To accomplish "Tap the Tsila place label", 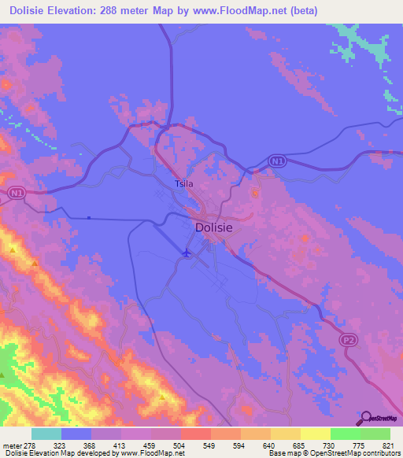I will point(183,184).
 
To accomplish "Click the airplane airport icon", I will point(186,253).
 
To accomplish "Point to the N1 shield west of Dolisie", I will point(17,192).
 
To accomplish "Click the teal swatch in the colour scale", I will point(46,434).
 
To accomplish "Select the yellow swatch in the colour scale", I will point(315,434).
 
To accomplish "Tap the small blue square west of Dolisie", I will point(89,218).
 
